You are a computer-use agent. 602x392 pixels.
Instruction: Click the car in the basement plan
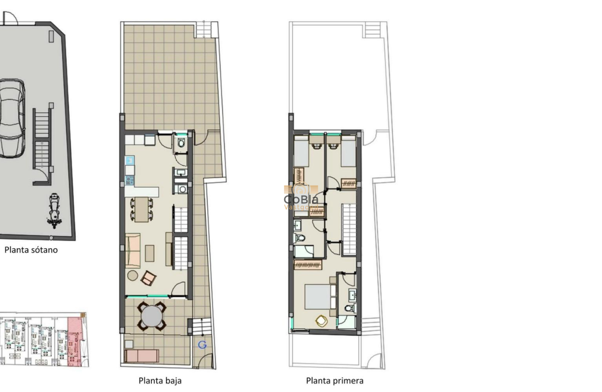[x=11, y=119]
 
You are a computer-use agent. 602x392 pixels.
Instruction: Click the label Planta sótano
[x=31, y=250]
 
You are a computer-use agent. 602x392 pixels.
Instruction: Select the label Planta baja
[x=160, y=381]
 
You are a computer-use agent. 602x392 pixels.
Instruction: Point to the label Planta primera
[x=335, y=381]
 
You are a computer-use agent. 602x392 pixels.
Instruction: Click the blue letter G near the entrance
[x=203, y=345]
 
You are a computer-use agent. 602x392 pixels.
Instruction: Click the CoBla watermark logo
[x=301, y=198]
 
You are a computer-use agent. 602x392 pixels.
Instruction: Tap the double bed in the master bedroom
[x=320, y=297]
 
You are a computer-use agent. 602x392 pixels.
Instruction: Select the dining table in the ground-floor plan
[x=141, y=209]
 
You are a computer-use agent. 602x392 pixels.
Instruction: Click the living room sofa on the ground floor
[x=133, y=250]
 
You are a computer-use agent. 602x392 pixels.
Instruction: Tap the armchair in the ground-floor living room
[x=148, y=278]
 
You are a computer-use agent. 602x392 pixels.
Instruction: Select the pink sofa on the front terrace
[x=142, y=356]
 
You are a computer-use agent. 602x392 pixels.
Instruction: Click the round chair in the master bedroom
[x=321, y=321]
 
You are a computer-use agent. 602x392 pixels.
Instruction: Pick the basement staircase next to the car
[x=42, y=140]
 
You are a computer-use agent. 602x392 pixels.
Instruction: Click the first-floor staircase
[x=349, y=229]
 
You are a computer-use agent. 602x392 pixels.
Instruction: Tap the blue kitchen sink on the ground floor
[x=130, y=161]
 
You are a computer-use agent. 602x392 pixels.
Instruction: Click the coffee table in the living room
[x=150, y=253]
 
